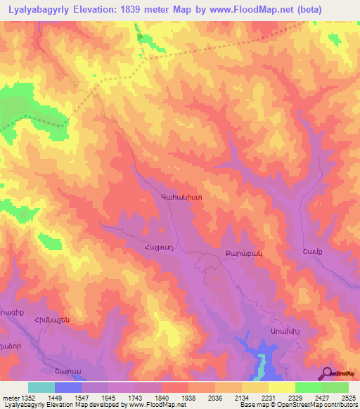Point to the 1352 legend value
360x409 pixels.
click(x=27, y=398)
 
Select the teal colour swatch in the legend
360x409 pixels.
click(x=41, y=387)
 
